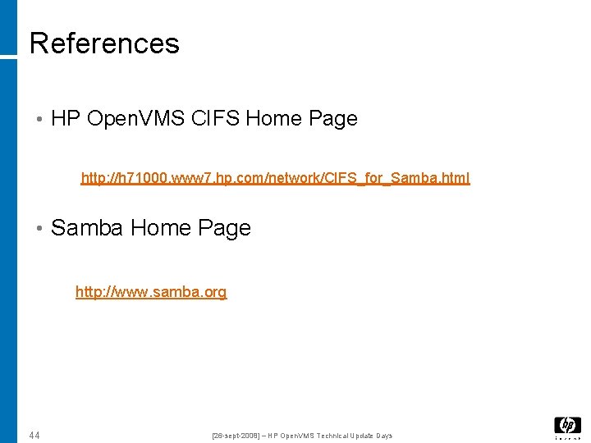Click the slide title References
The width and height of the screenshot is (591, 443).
[104, 43]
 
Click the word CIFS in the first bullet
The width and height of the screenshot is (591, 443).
[214, 119]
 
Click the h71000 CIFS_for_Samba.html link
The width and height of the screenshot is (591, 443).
[275, 178]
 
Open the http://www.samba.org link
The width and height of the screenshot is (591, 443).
[151, 292]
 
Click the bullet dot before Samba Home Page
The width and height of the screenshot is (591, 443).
[39, 228]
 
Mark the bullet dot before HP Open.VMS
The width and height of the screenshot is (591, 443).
[39, 119]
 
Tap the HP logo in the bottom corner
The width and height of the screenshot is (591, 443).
[567, 426]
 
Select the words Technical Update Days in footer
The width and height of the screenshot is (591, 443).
[353, 436]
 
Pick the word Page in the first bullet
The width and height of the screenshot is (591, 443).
[333, 119]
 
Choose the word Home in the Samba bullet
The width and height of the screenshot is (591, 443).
[160, 228]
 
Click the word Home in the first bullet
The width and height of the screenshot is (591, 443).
[273, 119]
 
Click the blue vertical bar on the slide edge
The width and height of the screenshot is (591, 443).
[8, 246]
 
